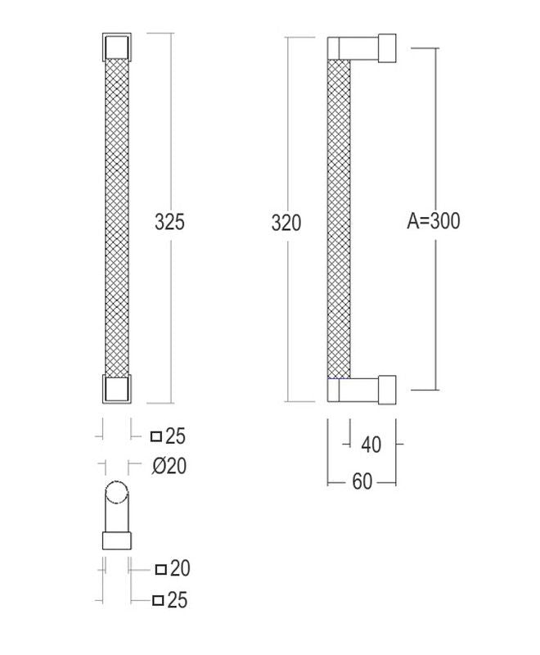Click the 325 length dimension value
(x=169, y=222)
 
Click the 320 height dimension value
(x=286, y=223)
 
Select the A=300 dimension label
(x=434, y=220)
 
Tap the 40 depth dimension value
(x=371, y=445)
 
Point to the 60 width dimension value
(x=362, y=481)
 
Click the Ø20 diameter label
(x=169, y=466)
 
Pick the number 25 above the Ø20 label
(x=175, y=436)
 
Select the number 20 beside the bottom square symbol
(x=180, y=568)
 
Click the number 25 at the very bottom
(x=178, y=600)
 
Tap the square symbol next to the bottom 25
(x=158, y=601)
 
